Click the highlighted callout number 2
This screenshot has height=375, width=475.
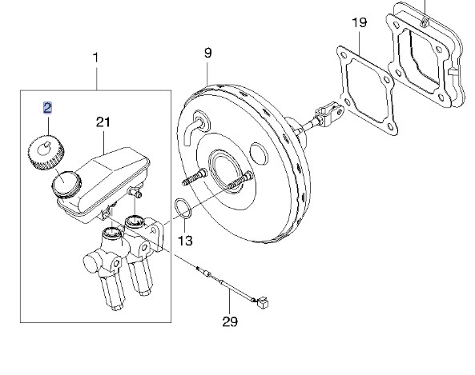[47, 108]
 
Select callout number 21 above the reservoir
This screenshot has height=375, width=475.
[103, 122]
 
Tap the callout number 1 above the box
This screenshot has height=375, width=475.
[96, 58]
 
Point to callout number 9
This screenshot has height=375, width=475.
[207, 53]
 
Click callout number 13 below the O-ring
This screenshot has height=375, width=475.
[185, 241]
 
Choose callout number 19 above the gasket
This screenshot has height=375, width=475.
[360, 22]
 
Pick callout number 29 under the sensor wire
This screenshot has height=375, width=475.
[230, 321]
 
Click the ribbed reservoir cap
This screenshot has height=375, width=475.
[46, 153]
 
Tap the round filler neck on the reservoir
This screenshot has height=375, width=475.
[66, 184]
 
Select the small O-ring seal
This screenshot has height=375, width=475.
[183, 208]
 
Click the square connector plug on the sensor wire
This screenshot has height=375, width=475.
[263, 303]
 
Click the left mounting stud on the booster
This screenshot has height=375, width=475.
[195, 178]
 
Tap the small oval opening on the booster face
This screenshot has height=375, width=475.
[259, 154]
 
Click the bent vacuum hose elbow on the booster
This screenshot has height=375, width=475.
[192, 130]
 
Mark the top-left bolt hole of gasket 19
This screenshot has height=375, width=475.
[344, 55]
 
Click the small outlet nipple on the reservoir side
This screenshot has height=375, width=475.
[135, 192]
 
